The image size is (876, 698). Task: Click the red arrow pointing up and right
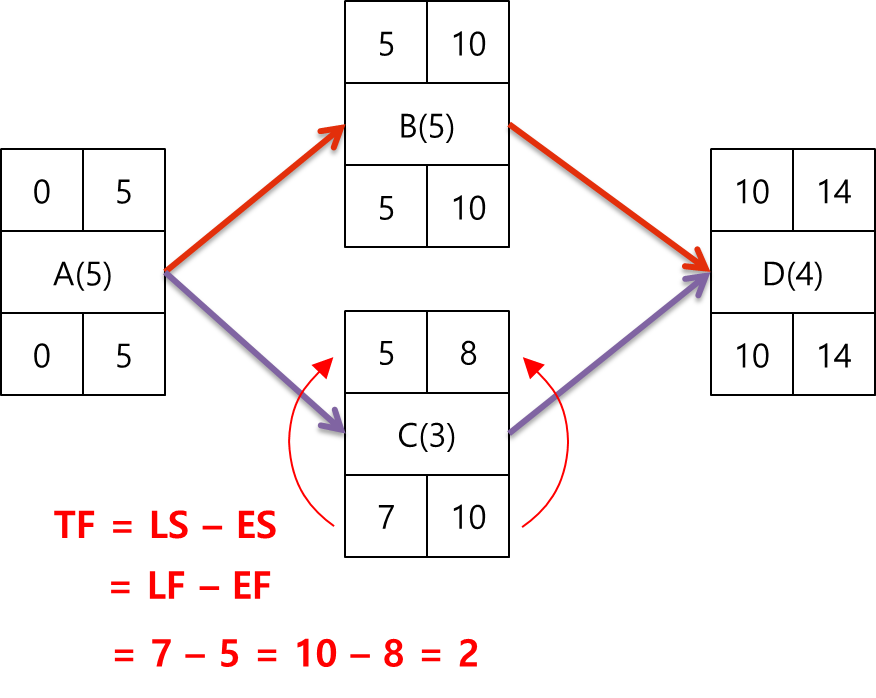[255, 198]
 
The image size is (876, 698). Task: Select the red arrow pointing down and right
[608, 197]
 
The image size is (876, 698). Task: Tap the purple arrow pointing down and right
[254, 351]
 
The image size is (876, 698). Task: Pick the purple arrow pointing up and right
[608, 352]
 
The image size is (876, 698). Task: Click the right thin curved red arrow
[562, 440]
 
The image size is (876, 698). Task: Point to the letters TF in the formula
[76, 526]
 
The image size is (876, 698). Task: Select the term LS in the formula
[170, 526]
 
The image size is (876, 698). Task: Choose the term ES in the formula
[255, 526]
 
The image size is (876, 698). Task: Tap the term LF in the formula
[168, 588]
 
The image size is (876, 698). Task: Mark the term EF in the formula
[251, 588]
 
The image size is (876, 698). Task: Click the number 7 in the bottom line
[161, 655]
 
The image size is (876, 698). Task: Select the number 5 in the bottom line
[229, 655]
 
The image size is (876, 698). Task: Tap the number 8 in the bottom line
[393, 655]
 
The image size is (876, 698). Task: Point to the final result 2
[468, 655]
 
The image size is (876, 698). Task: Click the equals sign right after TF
[121, 528]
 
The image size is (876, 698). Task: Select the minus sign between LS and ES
[212, 528]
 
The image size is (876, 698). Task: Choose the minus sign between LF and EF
[210, 589]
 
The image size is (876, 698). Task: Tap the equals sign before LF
[120, 590]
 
